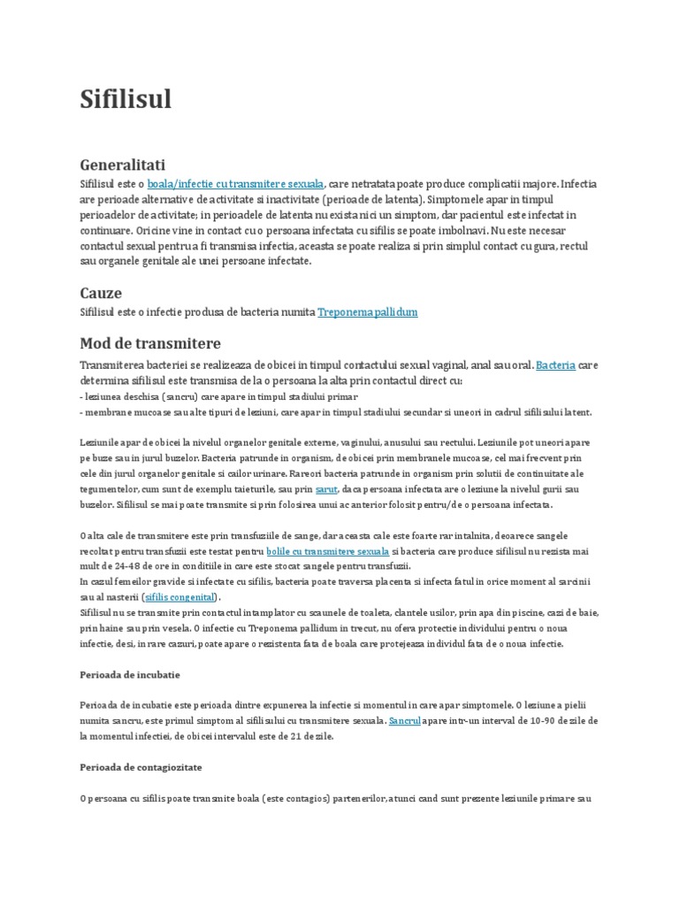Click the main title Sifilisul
[x=126, y=99]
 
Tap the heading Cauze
[x=101, y=292]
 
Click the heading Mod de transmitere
[x=150, y=343]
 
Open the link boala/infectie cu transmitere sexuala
[x=236, y=183]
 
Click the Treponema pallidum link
[x=367, y=311]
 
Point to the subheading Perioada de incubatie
[x=129, y=674]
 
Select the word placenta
[x=376, y=580]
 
